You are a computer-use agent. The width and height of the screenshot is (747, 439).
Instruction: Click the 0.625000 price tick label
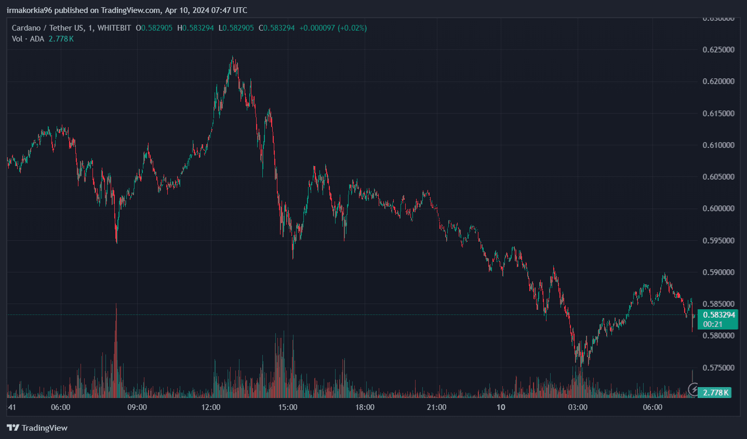pyautogui.click(x=718, y=50)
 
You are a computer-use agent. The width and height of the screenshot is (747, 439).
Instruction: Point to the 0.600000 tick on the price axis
pyautogui.click(x=718, y=209)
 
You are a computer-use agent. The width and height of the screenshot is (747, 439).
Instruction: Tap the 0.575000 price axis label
pyautogui.click(x=718, y=368)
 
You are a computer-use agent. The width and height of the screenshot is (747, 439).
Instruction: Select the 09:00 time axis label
pyautogui.click(x=137, y=407)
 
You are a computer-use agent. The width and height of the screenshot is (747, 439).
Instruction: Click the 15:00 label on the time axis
pyautogui.click(x=288, y=407)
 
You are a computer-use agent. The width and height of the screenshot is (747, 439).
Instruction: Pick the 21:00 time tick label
pyautogui.click(x=436, y=407)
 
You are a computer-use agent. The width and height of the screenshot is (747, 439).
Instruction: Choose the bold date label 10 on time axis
pyautogui.click(x=501, y=407)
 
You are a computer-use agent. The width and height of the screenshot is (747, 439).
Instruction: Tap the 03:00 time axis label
pyautogui.click(x=578, y=407)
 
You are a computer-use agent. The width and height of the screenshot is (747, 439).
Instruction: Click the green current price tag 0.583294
pyautogui.click(x=719, y=315)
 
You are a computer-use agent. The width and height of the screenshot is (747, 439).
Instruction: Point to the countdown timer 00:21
pyautogui.click(x=713, y=324)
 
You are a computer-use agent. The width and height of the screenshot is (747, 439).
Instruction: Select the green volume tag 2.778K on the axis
pyautogui.click(x=715, y=392)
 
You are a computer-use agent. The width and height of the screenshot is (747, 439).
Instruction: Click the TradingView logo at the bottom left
pyautogui.click(x=37, y=428)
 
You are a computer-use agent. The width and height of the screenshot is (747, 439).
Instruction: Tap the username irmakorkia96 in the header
pyautogui.click(x=30, y=10)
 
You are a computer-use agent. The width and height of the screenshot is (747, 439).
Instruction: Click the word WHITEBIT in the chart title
pyautogui.click(x=114, y=28)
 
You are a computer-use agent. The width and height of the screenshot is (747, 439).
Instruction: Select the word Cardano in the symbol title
pyautogui.click(x=26, y=28)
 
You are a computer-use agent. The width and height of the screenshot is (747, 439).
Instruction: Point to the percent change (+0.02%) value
pyautogui.click(x=352, y=28)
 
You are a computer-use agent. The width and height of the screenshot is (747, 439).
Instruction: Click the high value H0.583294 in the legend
pyautogui.click(x=195, y=28)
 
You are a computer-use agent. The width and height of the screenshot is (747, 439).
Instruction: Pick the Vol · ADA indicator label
pyautogui.click(x=28, y=39)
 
